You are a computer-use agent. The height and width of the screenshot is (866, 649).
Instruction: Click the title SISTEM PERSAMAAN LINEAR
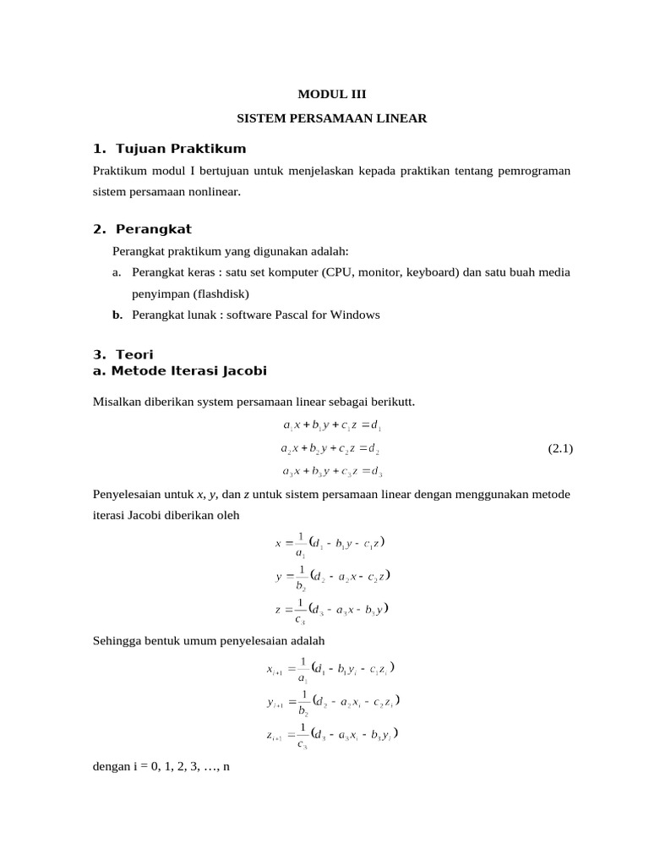(x=332, y=118)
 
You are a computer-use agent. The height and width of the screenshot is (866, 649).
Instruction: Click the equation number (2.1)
(x=560, y=448)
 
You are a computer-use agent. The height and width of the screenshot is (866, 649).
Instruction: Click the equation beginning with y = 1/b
(x=331, y=578)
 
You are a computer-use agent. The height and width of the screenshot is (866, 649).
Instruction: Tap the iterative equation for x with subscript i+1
(x=330, y=670)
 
